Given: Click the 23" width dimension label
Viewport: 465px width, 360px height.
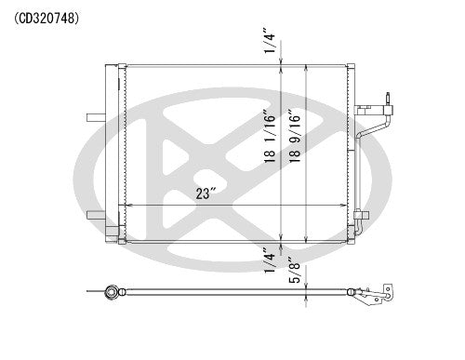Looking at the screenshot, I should [206, 193].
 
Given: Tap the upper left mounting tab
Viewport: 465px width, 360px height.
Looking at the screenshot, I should [95, 117].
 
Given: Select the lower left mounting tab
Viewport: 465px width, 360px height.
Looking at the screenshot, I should [95, 216].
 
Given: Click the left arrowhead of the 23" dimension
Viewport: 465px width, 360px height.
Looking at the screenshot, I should [127, 205].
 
